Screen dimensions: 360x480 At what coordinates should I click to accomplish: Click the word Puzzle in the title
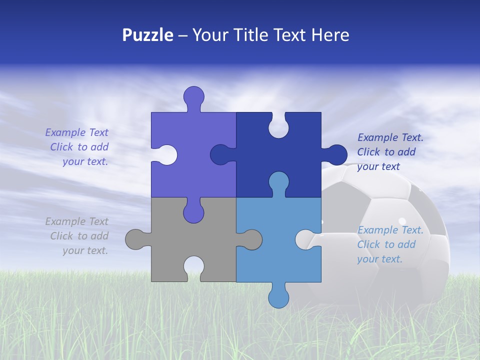click(x=147, y=35)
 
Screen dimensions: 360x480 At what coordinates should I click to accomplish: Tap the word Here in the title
click(x=330, y=35)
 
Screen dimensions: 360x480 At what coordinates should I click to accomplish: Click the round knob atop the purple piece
click(x=194, y=96)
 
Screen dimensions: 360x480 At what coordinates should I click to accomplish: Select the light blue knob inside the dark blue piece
click(x=278, y=182)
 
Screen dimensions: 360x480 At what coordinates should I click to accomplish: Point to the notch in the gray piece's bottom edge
click(x=194, y=267)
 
